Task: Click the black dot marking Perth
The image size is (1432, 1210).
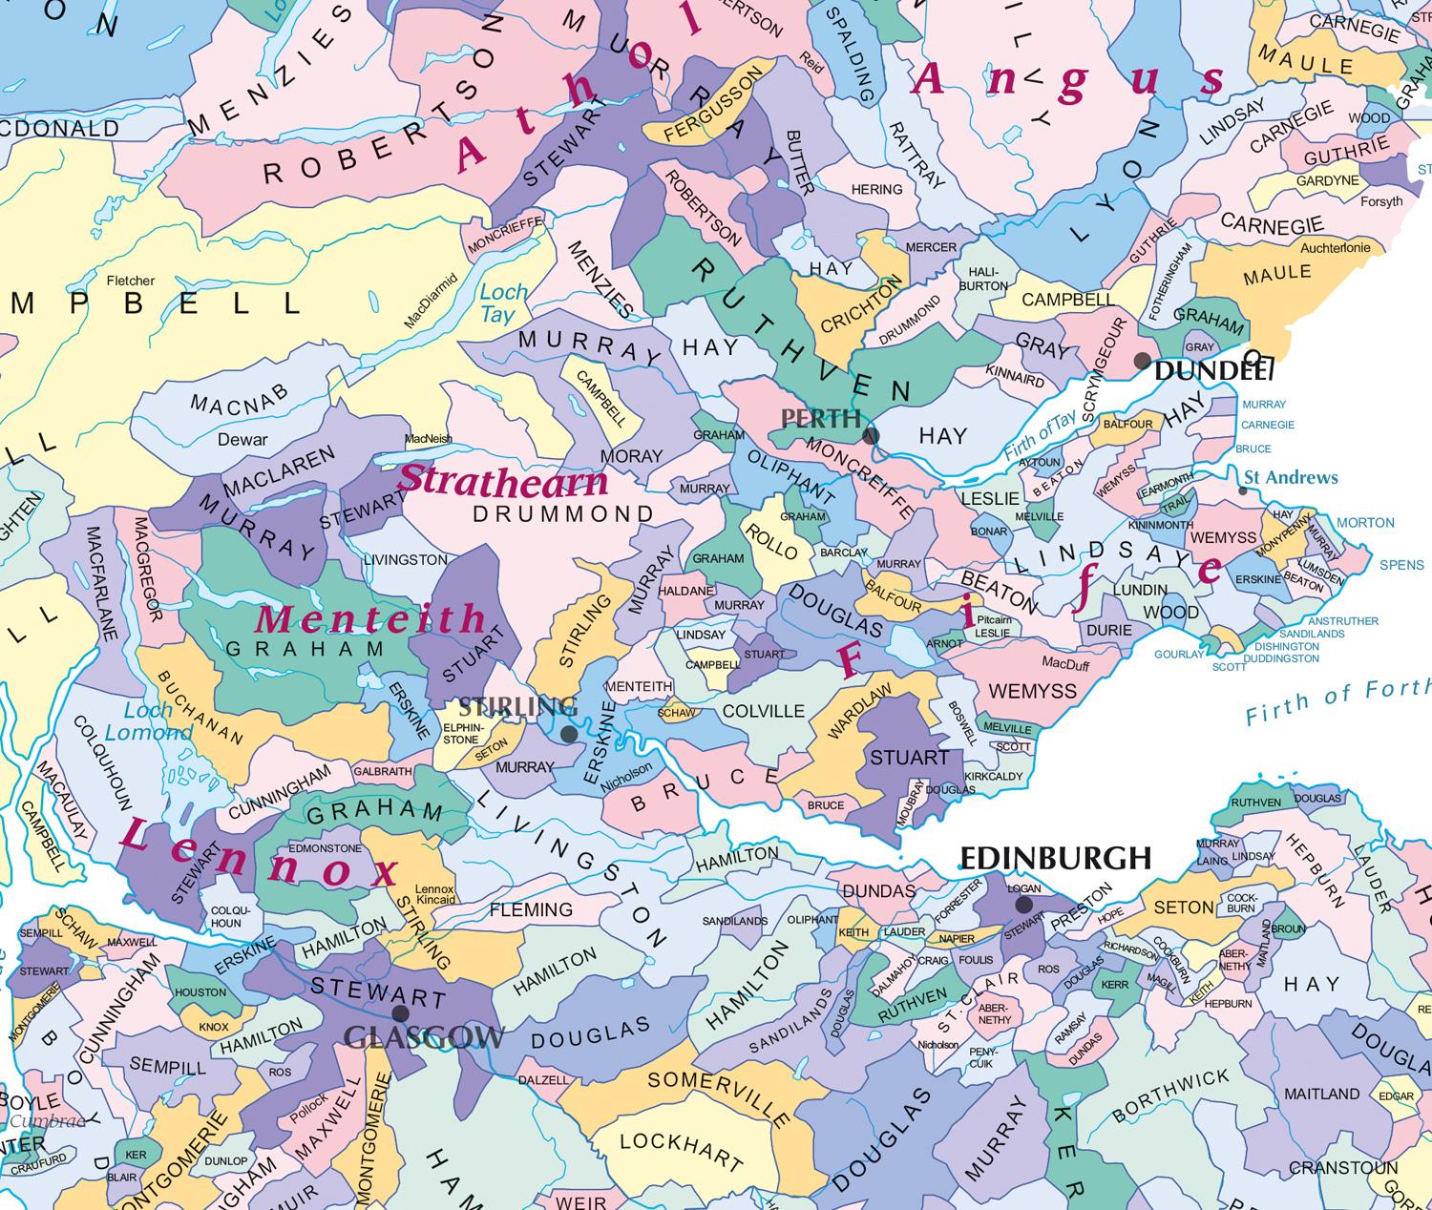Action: click(x=871, y=436)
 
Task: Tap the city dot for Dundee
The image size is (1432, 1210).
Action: click(x=1142, y=361)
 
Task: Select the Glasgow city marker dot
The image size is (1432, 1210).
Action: click(x=400, y=1013)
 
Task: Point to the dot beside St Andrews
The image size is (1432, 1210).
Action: click(x=1242, y=490)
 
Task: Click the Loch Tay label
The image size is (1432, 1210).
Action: click(x=503, y=302)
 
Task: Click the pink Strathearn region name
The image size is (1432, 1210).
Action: click(x=503, y=480)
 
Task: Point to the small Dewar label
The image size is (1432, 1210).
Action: click(x=242, y=440)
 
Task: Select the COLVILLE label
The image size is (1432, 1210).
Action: click(x=764, y=711)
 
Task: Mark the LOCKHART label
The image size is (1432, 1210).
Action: click(x=681, y=1151)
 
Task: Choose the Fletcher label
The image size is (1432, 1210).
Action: click(x=131, y=281)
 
